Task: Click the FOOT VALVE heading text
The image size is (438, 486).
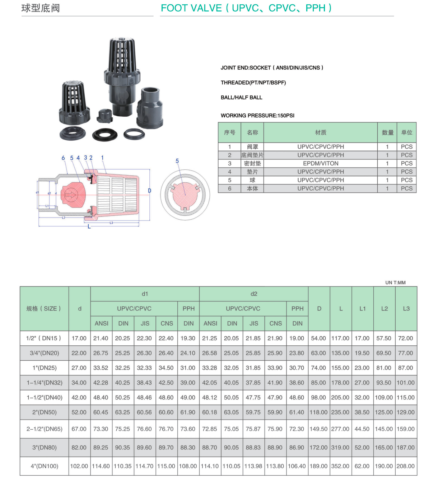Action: (x=246, y=8)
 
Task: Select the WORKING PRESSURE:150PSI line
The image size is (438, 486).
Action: (x=257, y=116)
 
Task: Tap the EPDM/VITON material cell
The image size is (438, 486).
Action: (x=321, y=163)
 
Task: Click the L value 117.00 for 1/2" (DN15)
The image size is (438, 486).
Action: (x=340, y=338)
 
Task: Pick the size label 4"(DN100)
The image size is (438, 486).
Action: (x=45, y=466)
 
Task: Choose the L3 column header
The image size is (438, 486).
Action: (x=406, y=308)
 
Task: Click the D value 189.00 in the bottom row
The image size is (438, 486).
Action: (x=318, y=466)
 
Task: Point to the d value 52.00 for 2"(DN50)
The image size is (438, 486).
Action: (x=79, y=412)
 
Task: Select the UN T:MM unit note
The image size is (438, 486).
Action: (x=395, y=282)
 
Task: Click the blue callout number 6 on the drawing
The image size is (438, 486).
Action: (x=63, y=158)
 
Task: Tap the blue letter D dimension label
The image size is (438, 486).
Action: (x=150, y=191)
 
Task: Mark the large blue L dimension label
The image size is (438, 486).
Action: (x=89, y=226)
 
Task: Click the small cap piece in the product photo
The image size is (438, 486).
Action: (x=104, y=115)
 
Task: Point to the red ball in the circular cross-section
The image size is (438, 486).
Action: (x=185, y=194)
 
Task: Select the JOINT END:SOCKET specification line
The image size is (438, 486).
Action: (x=272, y=67)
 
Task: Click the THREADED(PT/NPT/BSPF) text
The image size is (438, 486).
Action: (x=253, y=83)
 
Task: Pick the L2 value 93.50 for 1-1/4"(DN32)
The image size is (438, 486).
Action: (x=384, y=383)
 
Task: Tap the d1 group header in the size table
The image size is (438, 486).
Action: (x=145, y=294)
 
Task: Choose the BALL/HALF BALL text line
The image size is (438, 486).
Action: (x=241, y=97)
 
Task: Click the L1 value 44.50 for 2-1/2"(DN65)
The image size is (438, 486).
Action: (x=362, y=429)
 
